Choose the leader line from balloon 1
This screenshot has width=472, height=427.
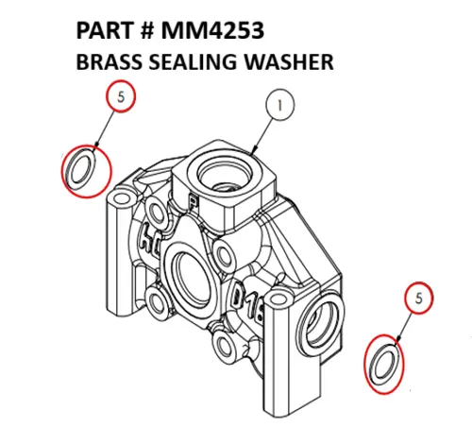click(x=265, y=132)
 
